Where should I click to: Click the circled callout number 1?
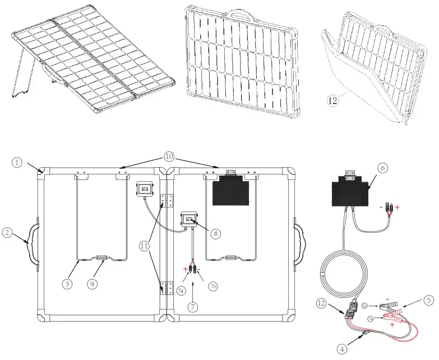pyautogui.click(x=17, y=162)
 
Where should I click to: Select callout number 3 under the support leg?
pyautogui.click(x=67, y=284)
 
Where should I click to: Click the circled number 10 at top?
pyautogui.click(x=169, y=155)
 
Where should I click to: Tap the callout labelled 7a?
pyautogui.click(x=181, y=290)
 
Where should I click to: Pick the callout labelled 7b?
pyautogui.click(x=212, y=287)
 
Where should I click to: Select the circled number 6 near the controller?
pyautogui.click(x=382, y=168)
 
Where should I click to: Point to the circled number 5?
pyautogui.click(x=428, y=300)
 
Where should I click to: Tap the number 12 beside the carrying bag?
pyautogui.click(x=333, y=101)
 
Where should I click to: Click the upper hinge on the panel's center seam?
pyautogui.click(x=167, y=201)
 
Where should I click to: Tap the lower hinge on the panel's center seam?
pyautogui.click(x=167, y=289)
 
